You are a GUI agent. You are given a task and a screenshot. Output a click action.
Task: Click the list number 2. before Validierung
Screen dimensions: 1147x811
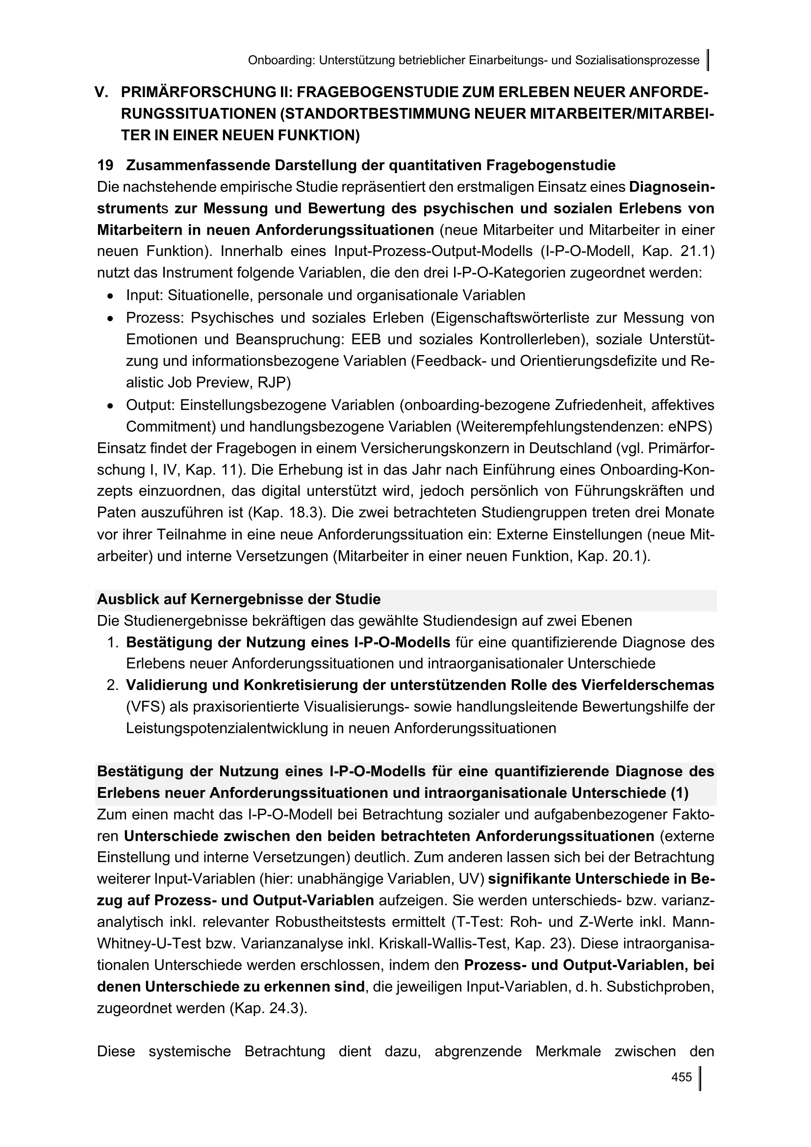pyautogui.click(x=112, y=686)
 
